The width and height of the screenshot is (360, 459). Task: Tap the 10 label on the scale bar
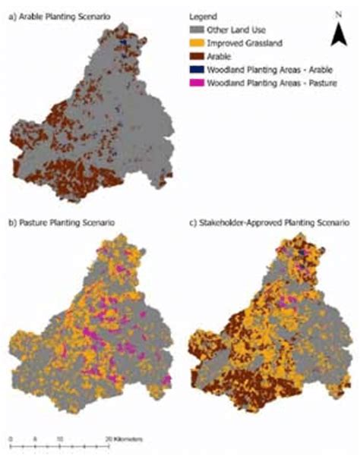pos(60,439)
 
